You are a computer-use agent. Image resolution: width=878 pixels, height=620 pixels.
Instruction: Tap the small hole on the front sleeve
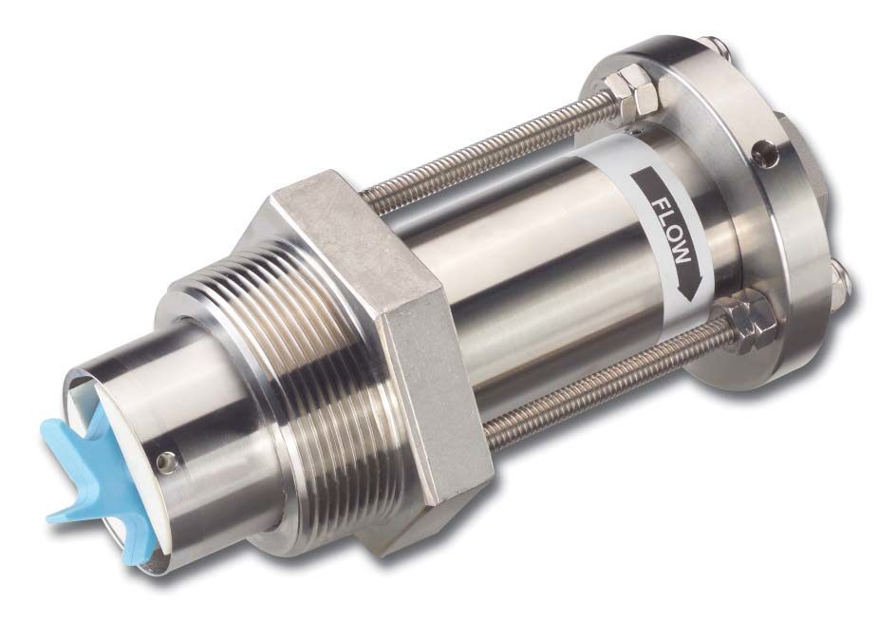[x=169, y=461]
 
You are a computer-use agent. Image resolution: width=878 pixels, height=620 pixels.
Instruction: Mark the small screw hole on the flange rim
[x=761, y=150]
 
